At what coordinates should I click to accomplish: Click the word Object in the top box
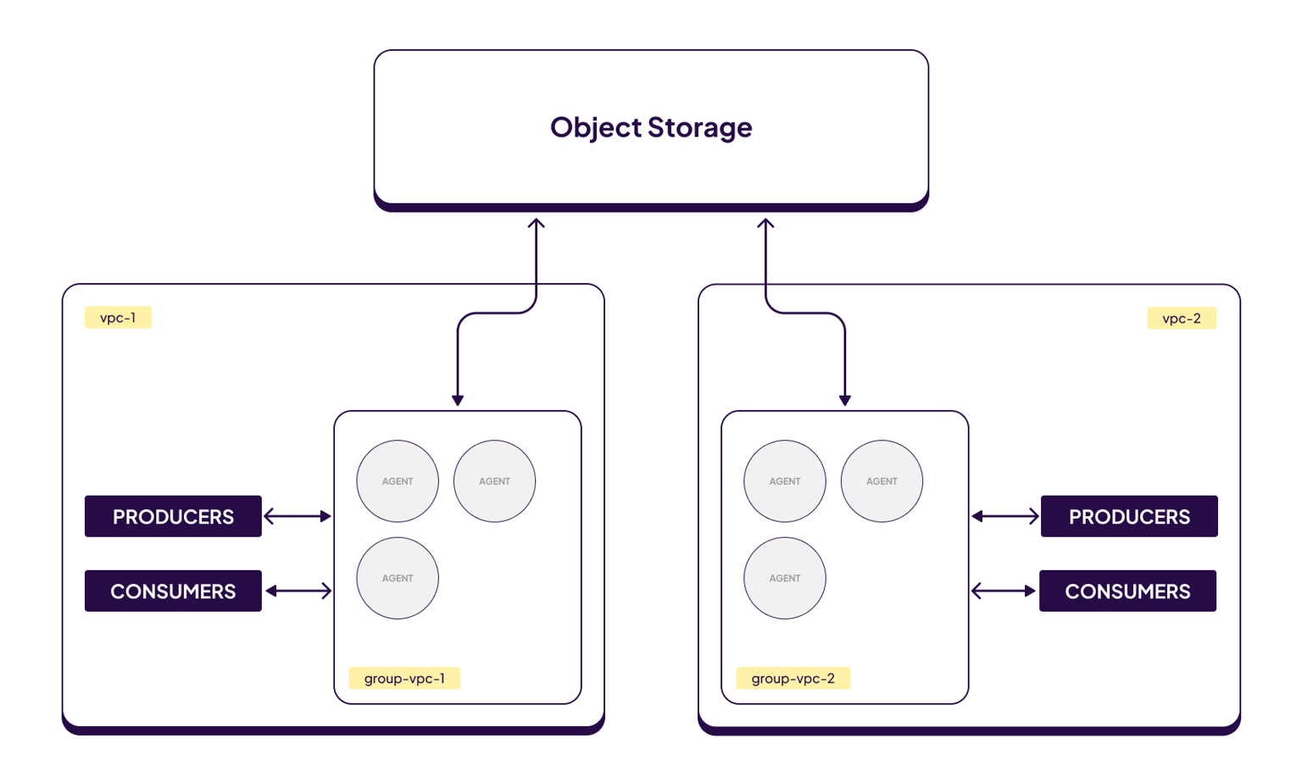pyautogui.click(x=595, y=127)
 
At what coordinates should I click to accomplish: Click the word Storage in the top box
pyautogui.click(x=699, y=127)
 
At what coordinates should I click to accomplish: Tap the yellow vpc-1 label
pyautogui.click(x=118, y=318)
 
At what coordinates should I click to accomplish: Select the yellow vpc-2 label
pyautogui.click(x=1181, y=319)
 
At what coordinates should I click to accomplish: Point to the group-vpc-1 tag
pyautogui.click(x=404, y=678)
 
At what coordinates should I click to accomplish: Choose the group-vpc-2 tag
pyautogui.click(x=793, y=678)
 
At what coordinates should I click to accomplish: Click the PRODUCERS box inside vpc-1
pyautogui.click(x=173, y=516)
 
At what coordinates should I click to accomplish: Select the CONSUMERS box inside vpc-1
pyautogui.click(x=173, y=591)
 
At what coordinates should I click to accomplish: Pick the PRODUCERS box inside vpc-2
pyautogui.click(x=1129, y=516)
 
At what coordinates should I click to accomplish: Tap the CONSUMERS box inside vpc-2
pyautogui.click(x=1127, y=591)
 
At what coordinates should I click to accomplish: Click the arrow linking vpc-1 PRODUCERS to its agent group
pyautogui.click(x=298, y=516)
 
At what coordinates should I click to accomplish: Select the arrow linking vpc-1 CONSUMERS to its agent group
pyautogui.click(x=298, y=591)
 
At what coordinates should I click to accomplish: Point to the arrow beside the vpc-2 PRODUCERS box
pyautogui.click(x=1004, y=516)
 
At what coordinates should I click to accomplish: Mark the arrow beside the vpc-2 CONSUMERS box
pyautogui.click(x=1004, y=591)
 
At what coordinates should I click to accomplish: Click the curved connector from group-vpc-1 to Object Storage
pyautogui.click(x=497, y=314)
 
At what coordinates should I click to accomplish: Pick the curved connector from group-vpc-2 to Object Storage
pyautogui.click(x=805, y=314)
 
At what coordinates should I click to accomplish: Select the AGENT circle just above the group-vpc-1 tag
pyautogui.click(x=398, y=578)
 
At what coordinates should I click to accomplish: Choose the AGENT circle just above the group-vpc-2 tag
pyautogui.click(x=785, y=578)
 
